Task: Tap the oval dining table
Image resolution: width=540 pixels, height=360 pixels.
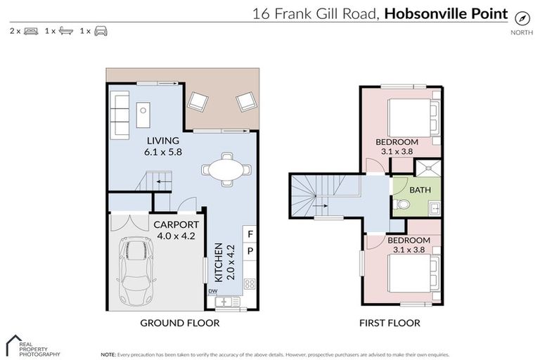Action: [225, 169]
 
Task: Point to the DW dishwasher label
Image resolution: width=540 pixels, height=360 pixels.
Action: [212, 290]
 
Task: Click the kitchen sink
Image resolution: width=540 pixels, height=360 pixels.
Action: [227, 302]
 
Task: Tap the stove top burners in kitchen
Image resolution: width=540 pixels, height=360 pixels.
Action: [250, 284]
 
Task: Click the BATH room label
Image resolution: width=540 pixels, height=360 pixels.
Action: [421, 190]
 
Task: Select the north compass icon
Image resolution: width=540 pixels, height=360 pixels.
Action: [521, 18]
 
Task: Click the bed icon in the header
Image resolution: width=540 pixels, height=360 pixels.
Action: [30, 31]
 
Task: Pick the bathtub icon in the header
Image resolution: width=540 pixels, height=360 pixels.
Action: [65, 31]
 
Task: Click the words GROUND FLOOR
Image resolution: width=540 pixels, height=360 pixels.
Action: [179, 323]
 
